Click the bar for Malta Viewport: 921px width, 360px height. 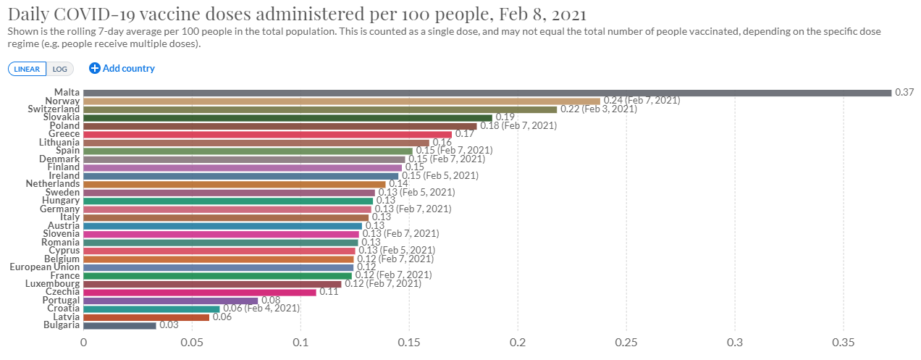(487, 93)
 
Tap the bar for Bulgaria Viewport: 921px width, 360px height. (119, 325)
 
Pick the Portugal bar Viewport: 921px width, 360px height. (170, 300)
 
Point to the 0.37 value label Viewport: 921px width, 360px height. (904, 93)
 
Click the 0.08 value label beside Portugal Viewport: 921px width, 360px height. (270, 300)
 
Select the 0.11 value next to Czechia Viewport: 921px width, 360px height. (329, 292)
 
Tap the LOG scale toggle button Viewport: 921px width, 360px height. (59, 69)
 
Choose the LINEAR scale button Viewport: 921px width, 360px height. (28, 69)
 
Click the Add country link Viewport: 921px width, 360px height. (128, 68)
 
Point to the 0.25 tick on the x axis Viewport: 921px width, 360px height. (626, 342)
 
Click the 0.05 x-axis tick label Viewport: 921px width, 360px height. (192, 342)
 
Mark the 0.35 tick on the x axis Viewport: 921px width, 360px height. (844, 342)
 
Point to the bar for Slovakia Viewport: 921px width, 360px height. (287, 117)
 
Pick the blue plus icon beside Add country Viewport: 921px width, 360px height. (94, 68)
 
